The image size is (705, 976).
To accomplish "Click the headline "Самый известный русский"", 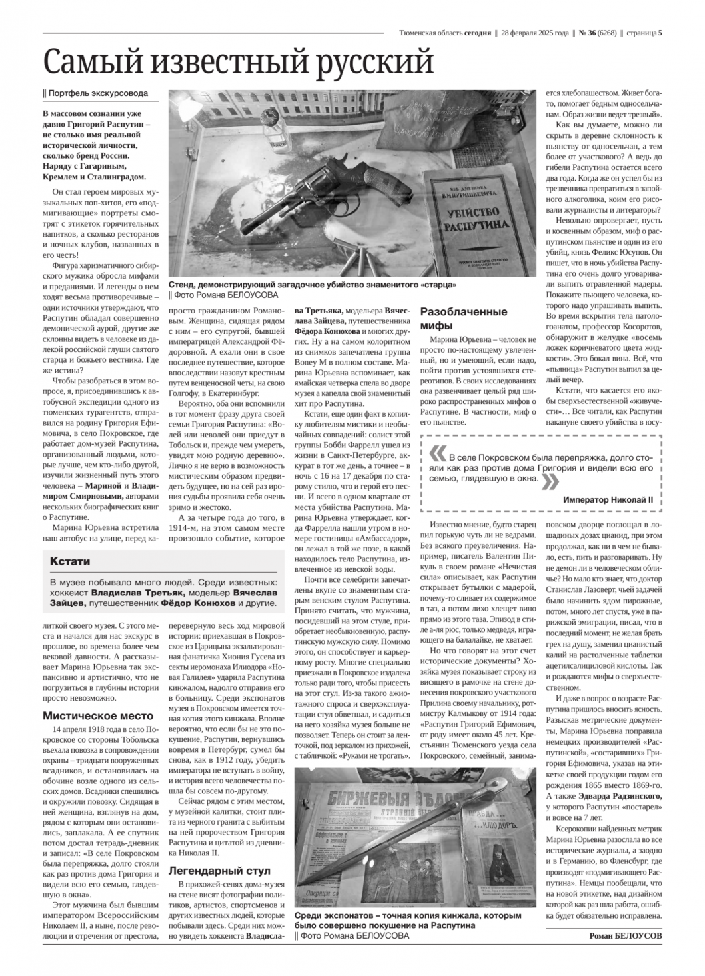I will pyautogui.click(x=239, y=62).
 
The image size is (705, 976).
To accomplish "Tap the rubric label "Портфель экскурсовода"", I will pyautogui.click(x=96, y=93).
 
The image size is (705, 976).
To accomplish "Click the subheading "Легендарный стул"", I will pyautogui.click(x=219, y=871).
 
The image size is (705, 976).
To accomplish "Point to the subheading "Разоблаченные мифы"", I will pyautogui.click(x=464, y=319).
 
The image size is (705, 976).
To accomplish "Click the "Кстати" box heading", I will pyautogui.click(x=70, y=561).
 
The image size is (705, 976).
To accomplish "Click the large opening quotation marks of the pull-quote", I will pyautogui.click(x=437, y=455).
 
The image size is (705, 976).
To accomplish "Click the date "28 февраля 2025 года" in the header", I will pyautogui.click(x=534, y=32).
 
